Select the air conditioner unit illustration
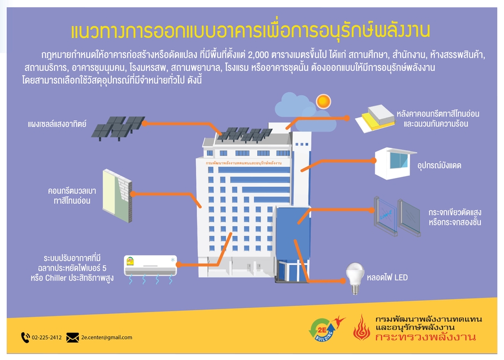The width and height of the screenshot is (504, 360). coord(151,266)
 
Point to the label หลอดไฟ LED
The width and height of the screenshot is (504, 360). coord(386,278)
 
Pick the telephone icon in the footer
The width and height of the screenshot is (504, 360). coord(25,337)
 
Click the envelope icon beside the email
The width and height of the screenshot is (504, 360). coord(73,337)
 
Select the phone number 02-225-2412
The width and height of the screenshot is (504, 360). coord(47,337)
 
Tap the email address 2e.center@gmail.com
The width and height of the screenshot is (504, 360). coord(107,337)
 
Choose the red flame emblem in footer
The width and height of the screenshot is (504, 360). coord(361,328)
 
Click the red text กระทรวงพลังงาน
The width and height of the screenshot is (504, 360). coord(426,337)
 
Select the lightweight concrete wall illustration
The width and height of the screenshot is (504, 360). coord(116,195)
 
